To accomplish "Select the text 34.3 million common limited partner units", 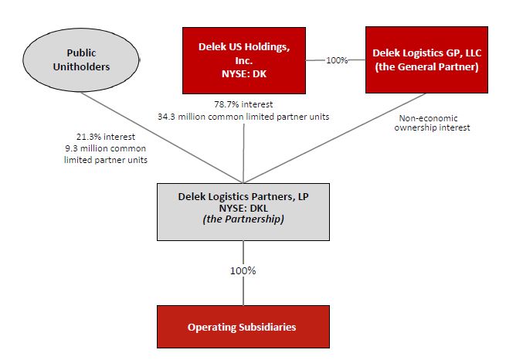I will click(244, 115).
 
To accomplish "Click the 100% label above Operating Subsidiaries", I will click(243, 271).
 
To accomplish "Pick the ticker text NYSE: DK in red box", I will click(243, 72).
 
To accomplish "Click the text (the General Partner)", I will click(425, 66).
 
